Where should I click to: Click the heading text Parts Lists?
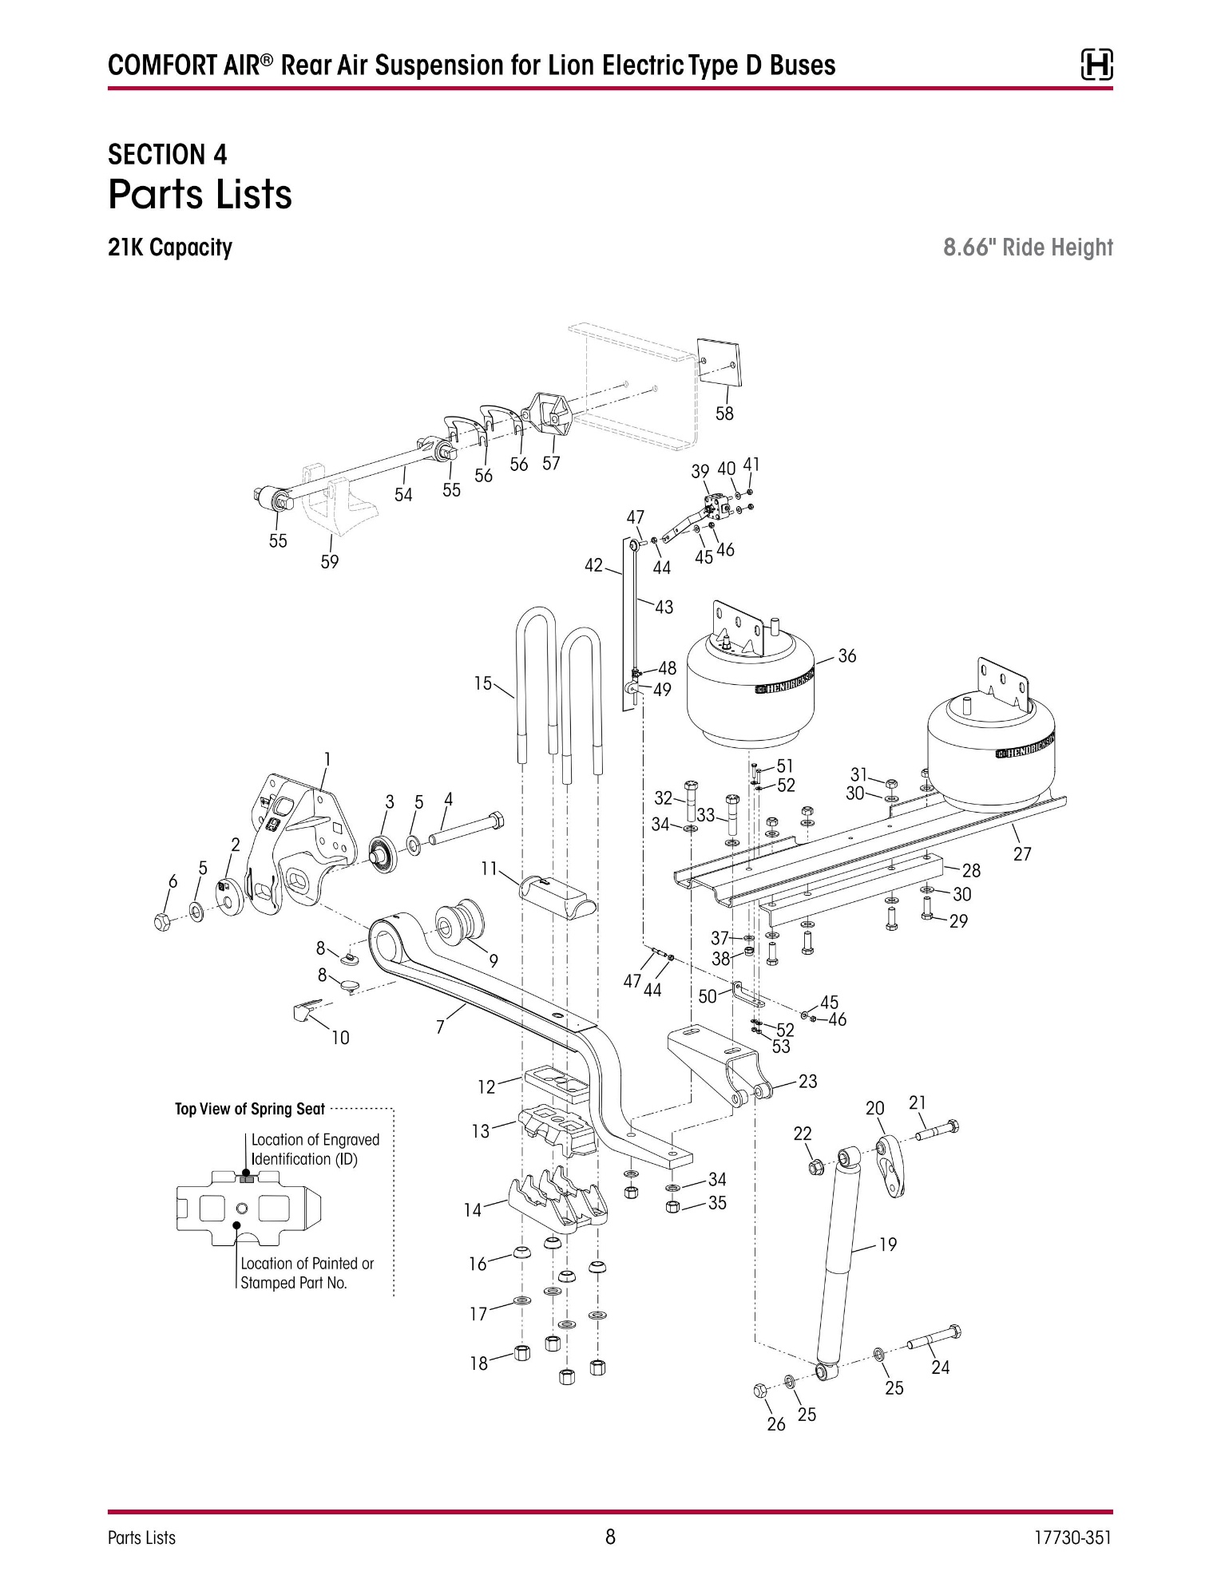pos(200,195)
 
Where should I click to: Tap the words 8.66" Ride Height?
pos(1028,247)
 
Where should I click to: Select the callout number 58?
pos(724,414)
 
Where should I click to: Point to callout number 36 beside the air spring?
pos(846,655)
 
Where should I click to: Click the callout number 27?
pos(1022,854)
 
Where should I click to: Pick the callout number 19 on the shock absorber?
pos(888,1244)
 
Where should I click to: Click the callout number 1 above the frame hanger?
pos(327,758)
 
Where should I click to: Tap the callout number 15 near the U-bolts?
pos(483,683)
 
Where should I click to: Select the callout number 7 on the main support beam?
pos(440,1027)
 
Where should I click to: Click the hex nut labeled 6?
pos(162,921)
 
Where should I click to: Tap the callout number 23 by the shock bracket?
pos(807,1081)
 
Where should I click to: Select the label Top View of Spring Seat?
pos(250,1109)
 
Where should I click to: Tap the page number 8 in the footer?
pos(610,1537)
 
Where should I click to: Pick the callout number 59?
pos(330,562)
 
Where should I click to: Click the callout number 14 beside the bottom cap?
pos(473,1210)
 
